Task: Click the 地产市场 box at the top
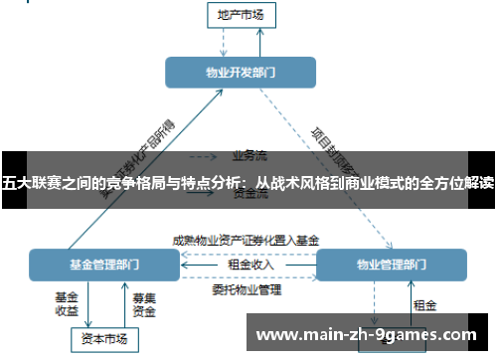[x=240, y=15]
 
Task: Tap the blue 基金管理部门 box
[x=103, y=266]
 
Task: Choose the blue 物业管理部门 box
[x=391, y=266]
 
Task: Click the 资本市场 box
[x=104, y=340]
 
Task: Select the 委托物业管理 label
[x=247, y=290]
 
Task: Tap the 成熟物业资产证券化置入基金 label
[x=246, y=240]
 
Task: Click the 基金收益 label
[x=67, y=303]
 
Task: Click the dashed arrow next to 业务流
[x=203, y=156]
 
